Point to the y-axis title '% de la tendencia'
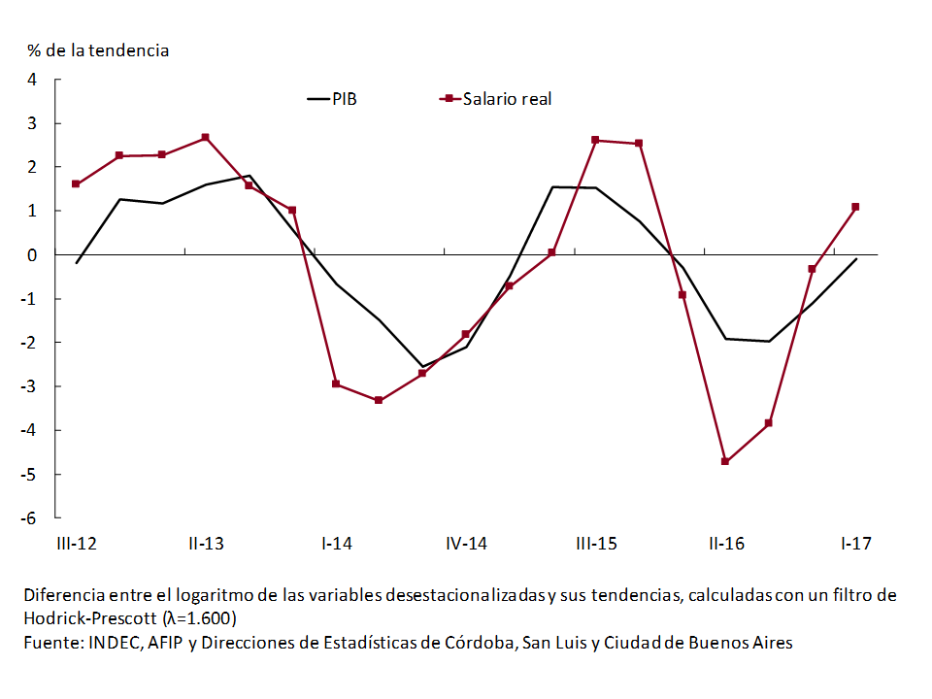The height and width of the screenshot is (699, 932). coord(98,50)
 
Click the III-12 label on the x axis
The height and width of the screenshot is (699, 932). coord(75,544)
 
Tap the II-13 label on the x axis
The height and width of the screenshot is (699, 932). coord(206,544)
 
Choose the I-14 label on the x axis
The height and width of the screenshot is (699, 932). coord(336,544)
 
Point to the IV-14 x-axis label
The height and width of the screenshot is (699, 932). coord(466,544)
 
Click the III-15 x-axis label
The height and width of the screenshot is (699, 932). coord(596,544)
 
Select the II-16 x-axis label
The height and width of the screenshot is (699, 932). coord(726,544)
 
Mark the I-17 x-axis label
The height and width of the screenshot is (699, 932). coord(855,544)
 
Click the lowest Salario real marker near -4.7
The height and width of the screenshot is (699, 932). coord(725,461)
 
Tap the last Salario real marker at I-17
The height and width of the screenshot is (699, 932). coord(855,207)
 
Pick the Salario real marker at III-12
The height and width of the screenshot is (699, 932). coord(76,183)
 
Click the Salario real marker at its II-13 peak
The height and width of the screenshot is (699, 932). coord(206,138)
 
